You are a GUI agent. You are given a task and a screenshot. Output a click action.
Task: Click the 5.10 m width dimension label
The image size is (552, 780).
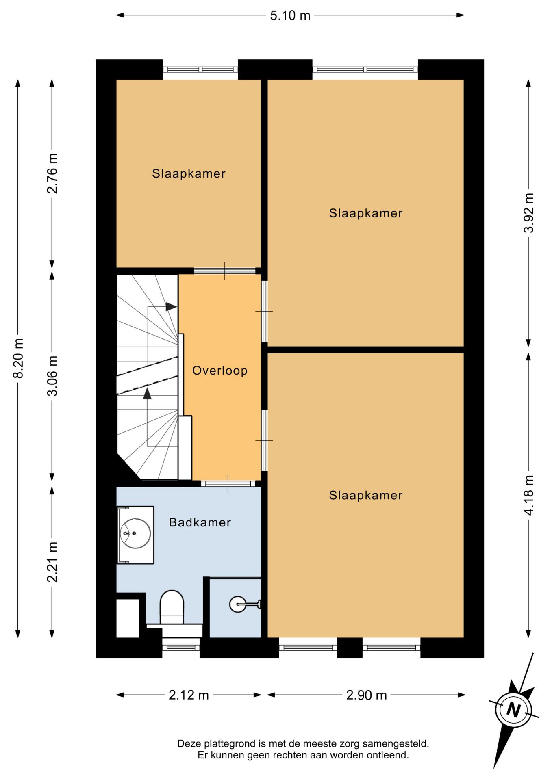coord(290,15)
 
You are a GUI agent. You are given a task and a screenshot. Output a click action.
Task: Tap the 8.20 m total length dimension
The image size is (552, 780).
coord(18,358)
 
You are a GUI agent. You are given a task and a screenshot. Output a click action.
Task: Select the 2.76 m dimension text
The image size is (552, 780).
coord(52,173)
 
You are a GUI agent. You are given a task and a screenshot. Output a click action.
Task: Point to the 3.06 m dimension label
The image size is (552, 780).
coord(52,376)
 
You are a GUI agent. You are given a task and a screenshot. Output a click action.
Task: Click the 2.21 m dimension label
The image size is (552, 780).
coord(52,562)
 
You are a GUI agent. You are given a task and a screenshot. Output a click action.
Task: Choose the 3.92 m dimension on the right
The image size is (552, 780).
coord(528,212)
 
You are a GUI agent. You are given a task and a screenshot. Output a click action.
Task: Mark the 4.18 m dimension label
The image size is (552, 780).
coord(528,495)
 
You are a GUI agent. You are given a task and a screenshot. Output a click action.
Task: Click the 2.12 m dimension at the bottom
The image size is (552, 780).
coord(189,695)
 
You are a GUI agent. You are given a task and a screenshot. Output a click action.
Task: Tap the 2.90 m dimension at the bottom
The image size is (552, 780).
coord(366,695)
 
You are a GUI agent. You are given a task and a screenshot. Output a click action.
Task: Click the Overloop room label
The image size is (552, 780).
coord(220,370)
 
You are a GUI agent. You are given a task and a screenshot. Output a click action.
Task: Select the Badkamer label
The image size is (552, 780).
coord(200,522)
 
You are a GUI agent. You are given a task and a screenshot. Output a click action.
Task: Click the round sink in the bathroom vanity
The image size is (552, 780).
coord(135,533)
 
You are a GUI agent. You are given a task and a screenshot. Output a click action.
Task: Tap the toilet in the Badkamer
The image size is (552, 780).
coord(172,607)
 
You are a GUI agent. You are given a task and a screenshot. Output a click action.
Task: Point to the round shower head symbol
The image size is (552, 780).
coord(238,604)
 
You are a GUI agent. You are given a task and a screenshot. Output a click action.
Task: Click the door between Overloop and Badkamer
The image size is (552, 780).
coord(228,483)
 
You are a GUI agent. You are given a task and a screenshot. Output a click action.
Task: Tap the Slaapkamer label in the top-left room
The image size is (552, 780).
coord(189,173)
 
